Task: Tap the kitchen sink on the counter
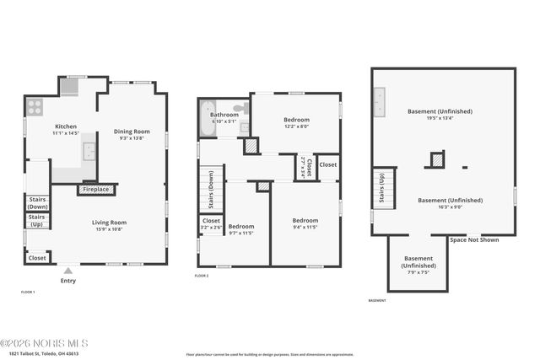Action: point(88,153)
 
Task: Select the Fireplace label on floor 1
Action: point(95,190)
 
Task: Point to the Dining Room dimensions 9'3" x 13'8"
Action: point(132,138)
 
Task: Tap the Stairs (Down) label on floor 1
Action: point(37,203)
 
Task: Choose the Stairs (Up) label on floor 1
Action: point(37,221)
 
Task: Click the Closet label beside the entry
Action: point(37,258)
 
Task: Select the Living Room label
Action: point(108,223)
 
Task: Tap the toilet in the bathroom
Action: point(240,109)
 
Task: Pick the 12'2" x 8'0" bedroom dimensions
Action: point(295,127)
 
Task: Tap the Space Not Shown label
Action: point(473,240)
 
